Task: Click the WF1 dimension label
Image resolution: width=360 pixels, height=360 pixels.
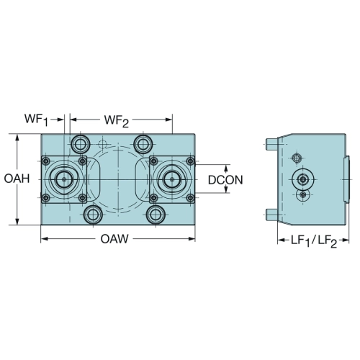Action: [x=36, y=120]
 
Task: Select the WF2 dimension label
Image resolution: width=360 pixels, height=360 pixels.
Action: [x=117, y=120]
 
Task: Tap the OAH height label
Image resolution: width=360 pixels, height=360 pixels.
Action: [x=17, y=179]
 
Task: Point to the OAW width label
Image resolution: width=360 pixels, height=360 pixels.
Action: [x=114, y=239]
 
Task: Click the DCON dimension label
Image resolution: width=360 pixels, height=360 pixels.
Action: [x=225, y=180]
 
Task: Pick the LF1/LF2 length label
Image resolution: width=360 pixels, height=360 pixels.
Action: [x=314, y=240]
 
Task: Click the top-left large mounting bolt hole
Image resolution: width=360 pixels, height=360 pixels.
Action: [x=81, y=144]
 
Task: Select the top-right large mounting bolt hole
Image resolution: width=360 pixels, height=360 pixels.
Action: [x=143, y=144]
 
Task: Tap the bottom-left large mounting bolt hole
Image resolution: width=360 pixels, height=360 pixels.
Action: [x=93, y=215]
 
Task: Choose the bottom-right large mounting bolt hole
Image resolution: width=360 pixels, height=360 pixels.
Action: [x=156, y=215]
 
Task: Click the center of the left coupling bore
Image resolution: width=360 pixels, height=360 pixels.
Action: [x=64, y=179]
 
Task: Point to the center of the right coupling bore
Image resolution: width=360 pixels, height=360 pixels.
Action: [x=172, y=179]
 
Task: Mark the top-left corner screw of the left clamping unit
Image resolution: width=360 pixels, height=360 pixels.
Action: [x=46, y=161]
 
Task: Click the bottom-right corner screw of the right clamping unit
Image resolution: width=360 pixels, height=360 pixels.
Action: [x=190, y=198]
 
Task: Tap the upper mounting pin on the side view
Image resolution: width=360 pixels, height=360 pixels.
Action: [x=271, y=144]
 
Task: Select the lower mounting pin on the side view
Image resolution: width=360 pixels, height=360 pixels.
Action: [x=271, y=215]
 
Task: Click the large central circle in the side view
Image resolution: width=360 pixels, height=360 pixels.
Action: [x=303, y=179]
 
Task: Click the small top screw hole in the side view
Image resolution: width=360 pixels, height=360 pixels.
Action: [x=297, y=158]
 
